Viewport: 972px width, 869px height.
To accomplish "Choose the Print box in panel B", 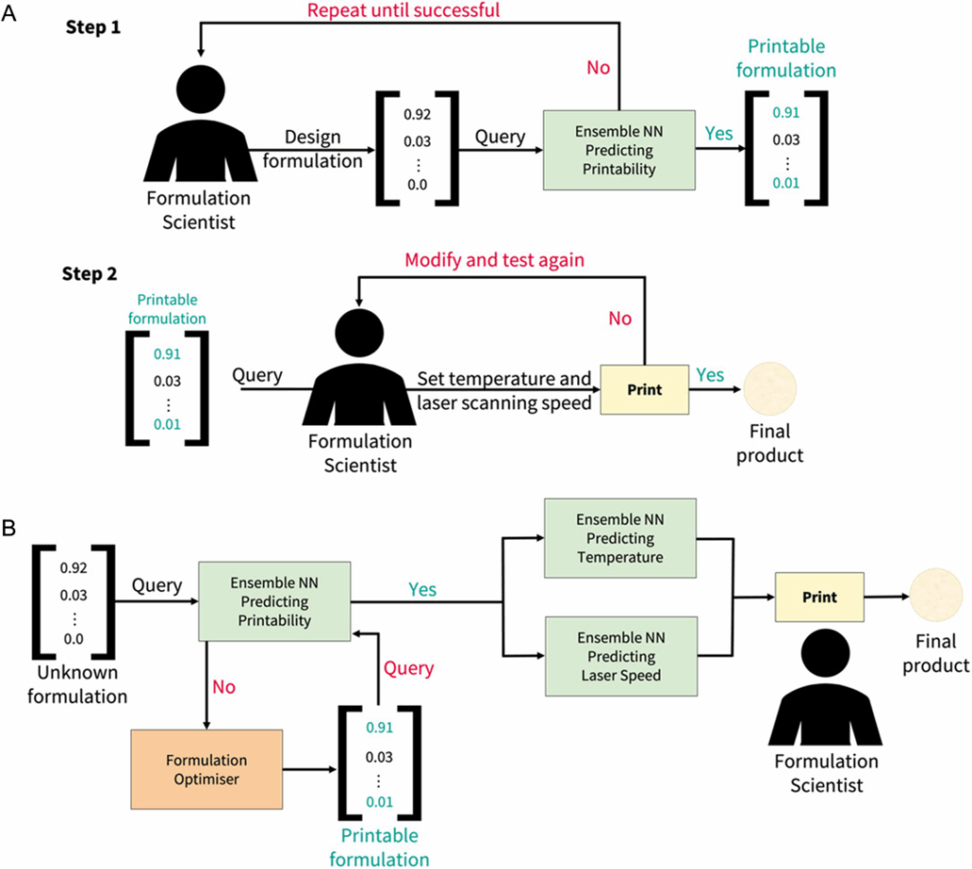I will coord(819,598).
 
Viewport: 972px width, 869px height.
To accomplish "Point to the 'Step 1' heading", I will coord(93,28).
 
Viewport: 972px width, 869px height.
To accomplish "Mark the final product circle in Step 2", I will coord(771,391).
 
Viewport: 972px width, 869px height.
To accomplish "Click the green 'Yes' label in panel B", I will coord(422,590).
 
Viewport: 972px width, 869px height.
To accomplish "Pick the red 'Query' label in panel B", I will coord(407,668).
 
